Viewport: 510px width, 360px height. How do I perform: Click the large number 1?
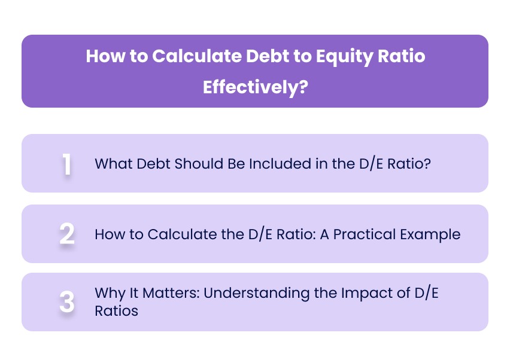67,164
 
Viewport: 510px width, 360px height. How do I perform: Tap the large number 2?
67,234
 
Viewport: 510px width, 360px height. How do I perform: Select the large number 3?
67,302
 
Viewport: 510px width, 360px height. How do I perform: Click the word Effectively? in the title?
255,87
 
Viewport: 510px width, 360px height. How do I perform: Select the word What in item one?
110,164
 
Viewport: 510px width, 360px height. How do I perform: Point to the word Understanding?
239,294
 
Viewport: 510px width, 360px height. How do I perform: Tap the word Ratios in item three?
117,311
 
